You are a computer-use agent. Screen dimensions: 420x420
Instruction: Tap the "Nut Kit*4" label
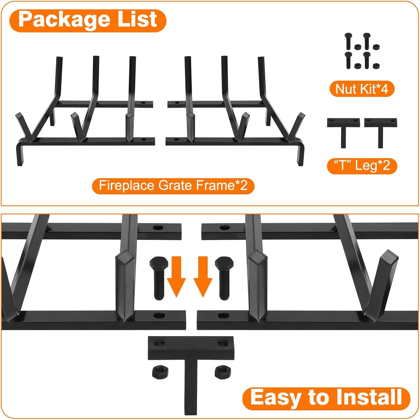click(x=362, y=89)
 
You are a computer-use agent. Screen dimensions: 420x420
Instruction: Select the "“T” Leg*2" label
click(x=362, y=165)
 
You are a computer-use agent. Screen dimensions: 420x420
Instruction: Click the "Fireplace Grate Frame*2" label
click(x=173, y=185)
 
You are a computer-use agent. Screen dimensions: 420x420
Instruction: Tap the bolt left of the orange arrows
click(x=158, y=278)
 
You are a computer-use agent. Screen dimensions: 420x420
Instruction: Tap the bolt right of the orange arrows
click(x=224, y=278)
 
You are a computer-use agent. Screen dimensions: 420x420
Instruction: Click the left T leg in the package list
click(x=343, y=132)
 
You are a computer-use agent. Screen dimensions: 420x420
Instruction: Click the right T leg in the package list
click(x=380, y=132)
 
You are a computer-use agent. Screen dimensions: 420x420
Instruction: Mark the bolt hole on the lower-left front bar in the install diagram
click(x=159, y=316)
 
